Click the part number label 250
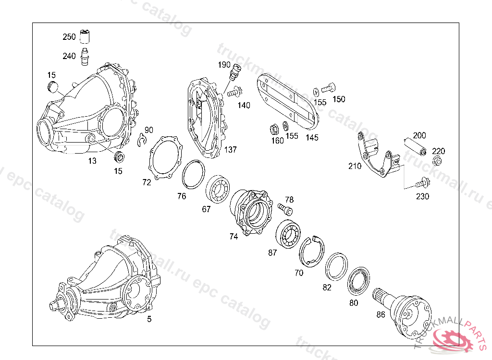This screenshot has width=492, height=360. [x=69, y=36]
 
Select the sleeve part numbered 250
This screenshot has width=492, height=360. [x=85, y=36]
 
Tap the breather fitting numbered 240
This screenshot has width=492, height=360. [x=85, y=57]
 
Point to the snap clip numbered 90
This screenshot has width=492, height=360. [x=142, y=140]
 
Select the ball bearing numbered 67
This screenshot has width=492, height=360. [x=218, y=189]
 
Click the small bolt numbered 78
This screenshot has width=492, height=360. [x=285, y=209]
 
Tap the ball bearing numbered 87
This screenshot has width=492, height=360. [x=288, y=234]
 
